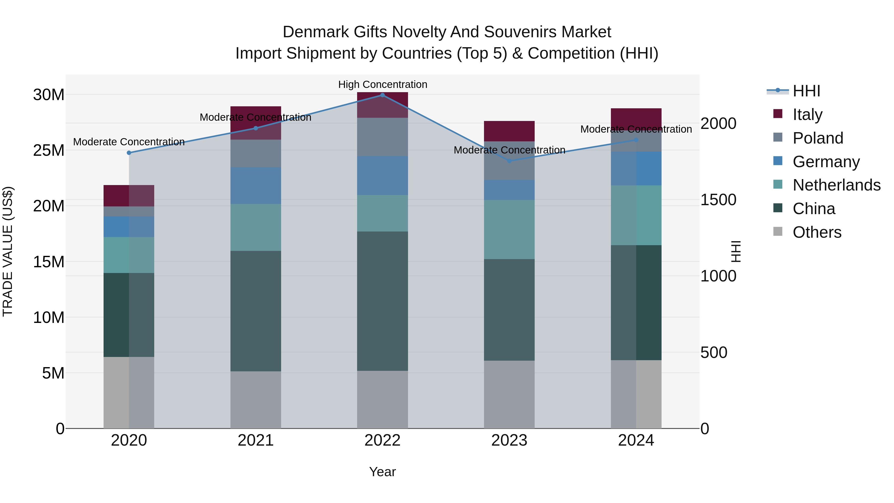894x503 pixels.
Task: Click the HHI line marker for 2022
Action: [382, 95]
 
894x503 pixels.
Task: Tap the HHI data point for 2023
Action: [509, 161]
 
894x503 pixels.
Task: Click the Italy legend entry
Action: [807, 115]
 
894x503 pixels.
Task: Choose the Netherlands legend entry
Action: [836, 185]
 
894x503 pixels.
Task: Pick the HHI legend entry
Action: [806, 91]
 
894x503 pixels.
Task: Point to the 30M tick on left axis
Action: [49, 95]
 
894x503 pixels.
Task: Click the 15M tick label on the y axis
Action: [49, 262]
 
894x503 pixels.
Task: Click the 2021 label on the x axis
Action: [256, 440]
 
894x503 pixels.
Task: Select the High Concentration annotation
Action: [382, 84]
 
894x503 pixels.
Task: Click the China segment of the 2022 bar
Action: [382, 301]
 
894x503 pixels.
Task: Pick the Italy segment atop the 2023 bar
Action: [509, 131]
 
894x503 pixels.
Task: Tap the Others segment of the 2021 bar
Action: [256, 400]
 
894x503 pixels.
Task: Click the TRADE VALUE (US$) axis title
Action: [8, 251]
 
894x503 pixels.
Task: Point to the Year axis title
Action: [382, 472]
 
